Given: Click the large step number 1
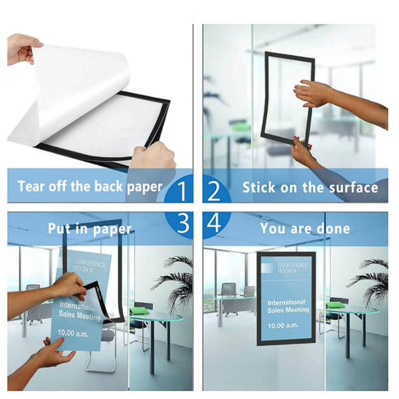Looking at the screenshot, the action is (x=182, y=190).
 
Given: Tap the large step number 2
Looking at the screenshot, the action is (x=213, y=190).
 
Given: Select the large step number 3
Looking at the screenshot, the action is (x=184, y=223).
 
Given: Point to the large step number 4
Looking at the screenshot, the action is (x=214, y=223).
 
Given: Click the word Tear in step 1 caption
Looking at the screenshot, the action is (x=31, y=186).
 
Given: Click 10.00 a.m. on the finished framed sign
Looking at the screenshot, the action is (x=283, y=325).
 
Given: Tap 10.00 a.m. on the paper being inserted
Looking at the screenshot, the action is (x=73, y=333).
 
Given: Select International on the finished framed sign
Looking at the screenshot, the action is (x=286, y=303).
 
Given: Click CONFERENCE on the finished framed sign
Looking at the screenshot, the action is (x=293, y=265).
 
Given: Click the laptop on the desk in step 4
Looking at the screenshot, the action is (x=249, y=291).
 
